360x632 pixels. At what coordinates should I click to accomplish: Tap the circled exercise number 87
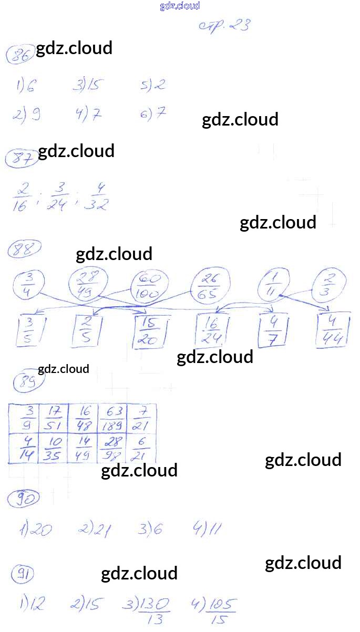pos(20,158)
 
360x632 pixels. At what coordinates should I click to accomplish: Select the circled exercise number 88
pos(24,250)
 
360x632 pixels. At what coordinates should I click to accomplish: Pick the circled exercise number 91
pos(23,576)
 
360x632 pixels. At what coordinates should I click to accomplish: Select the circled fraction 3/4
pos(28,285)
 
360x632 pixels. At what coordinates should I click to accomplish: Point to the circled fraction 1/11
pos(273,286)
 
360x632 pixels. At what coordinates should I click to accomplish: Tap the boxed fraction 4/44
pos(332,330)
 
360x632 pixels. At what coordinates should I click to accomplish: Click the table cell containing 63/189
pos(112,418)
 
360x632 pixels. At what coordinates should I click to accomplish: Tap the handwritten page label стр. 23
pos(224,26)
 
